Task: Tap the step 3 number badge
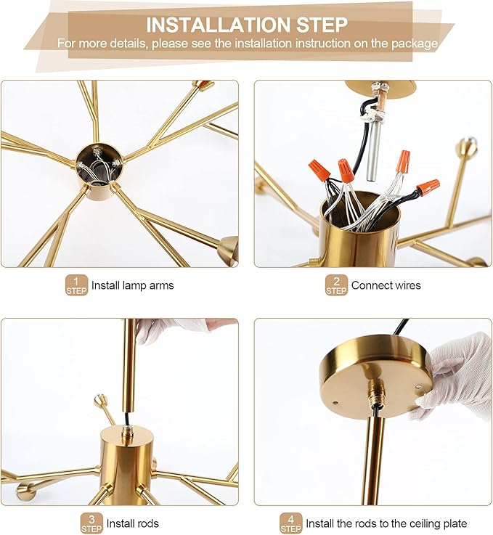pos(91,523)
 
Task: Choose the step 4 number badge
pos(290,523)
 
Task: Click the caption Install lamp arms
pos(132,286)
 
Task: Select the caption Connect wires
pos(386,286)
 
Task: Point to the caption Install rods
pos(133,523)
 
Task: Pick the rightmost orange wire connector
pos(428,187)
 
